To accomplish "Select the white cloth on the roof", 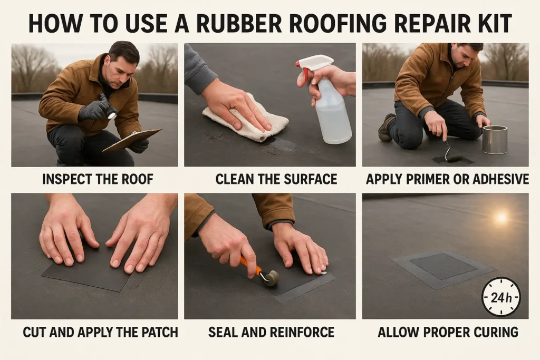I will point(245,119).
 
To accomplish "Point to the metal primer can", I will point(494,140).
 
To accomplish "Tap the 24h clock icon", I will point(501,297).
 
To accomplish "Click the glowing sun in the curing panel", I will point(500,217).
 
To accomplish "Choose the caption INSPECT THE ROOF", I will point(98,179).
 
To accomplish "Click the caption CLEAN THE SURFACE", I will point(276,179).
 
